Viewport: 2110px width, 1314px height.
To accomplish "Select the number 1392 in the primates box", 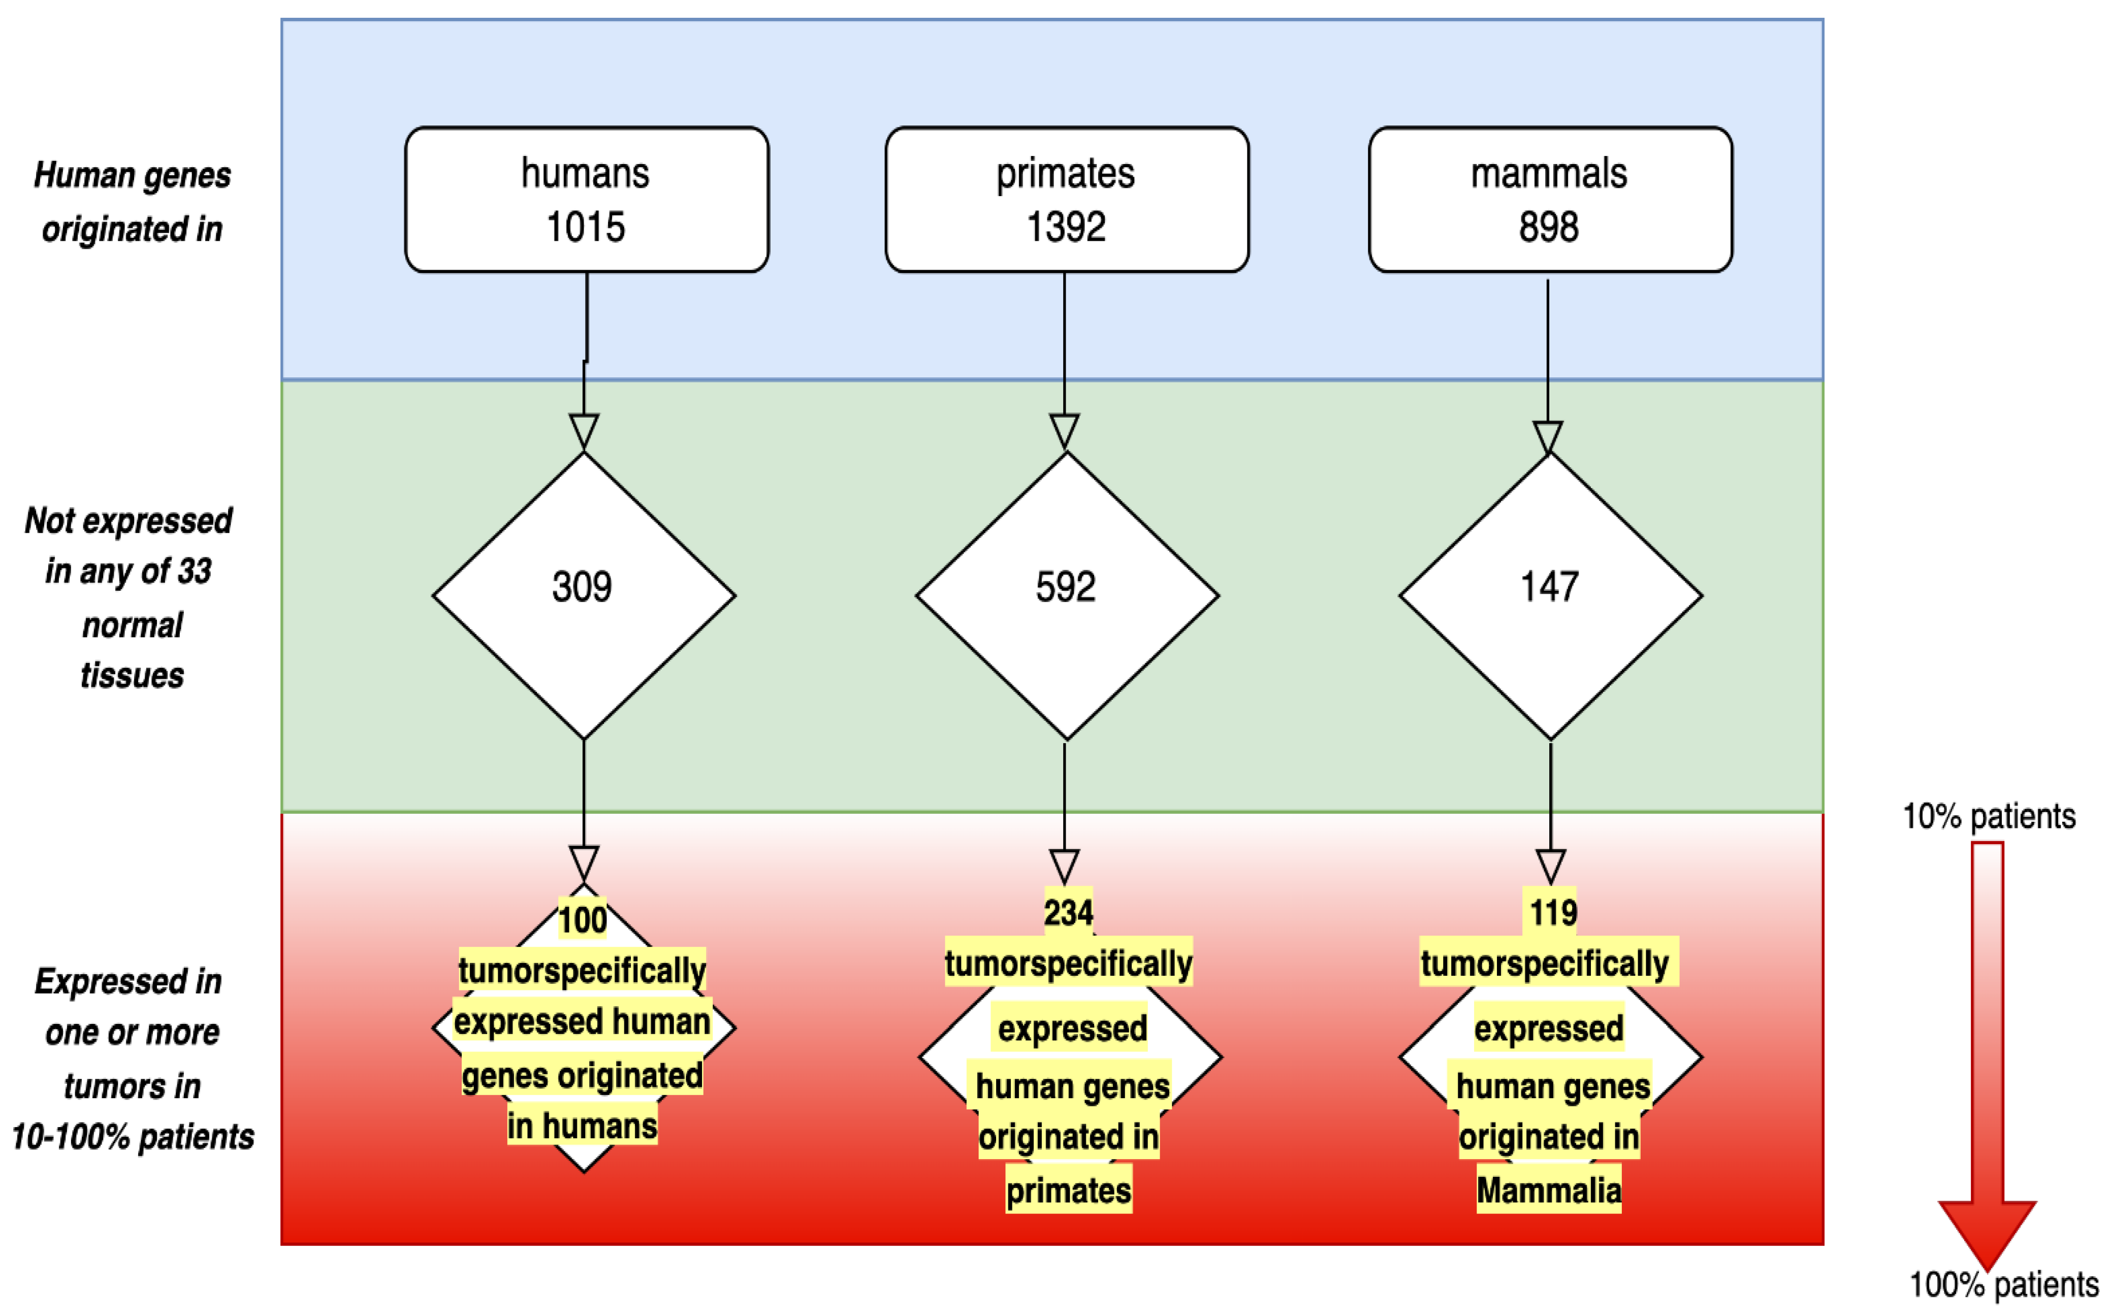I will tap(1066, 228).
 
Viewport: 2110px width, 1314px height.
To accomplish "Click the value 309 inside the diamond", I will tap(582, 588).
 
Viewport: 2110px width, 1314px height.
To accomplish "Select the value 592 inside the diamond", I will tap(1066, 588).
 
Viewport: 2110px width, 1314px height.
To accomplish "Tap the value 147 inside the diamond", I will tap(1549, 588).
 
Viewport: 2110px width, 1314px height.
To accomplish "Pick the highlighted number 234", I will tap(1068, 913).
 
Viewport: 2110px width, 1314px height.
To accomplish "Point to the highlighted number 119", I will tap(1553, 913).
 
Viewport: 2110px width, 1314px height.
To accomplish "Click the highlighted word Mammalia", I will tap(1549, 1191).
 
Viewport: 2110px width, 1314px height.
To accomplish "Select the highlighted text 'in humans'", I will tap(582, 1126).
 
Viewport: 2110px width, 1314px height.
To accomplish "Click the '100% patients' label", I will tap(2003, 1285).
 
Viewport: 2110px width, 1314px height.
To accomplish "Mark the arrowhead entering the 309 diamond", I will tap(584, 432).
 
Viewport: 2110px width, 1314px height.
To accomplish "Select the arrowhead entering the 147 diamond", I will tap(1548, 438).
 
